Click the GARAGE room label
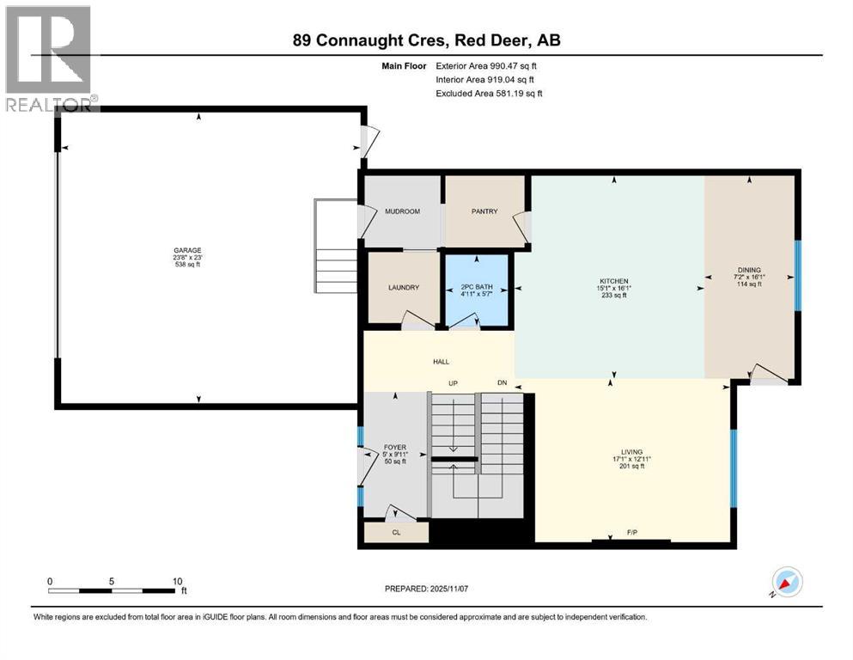[x=186, y=250]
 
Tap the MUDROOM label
[x=401, y=211]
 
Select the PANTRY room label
[x=484, y=211]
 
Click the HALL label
[x=441, y=362]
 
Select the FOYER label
[x=395, y=448]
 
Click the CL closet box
[x=396, y=532]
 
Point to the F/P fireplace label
[x=631, y=534]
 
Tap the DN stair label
[x=503, y=382]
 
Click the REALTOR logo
[x=49, y=58]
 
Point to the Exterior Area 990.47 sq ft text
[x=489, y=65]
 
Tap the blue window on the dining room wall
[x=797, y=274]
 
